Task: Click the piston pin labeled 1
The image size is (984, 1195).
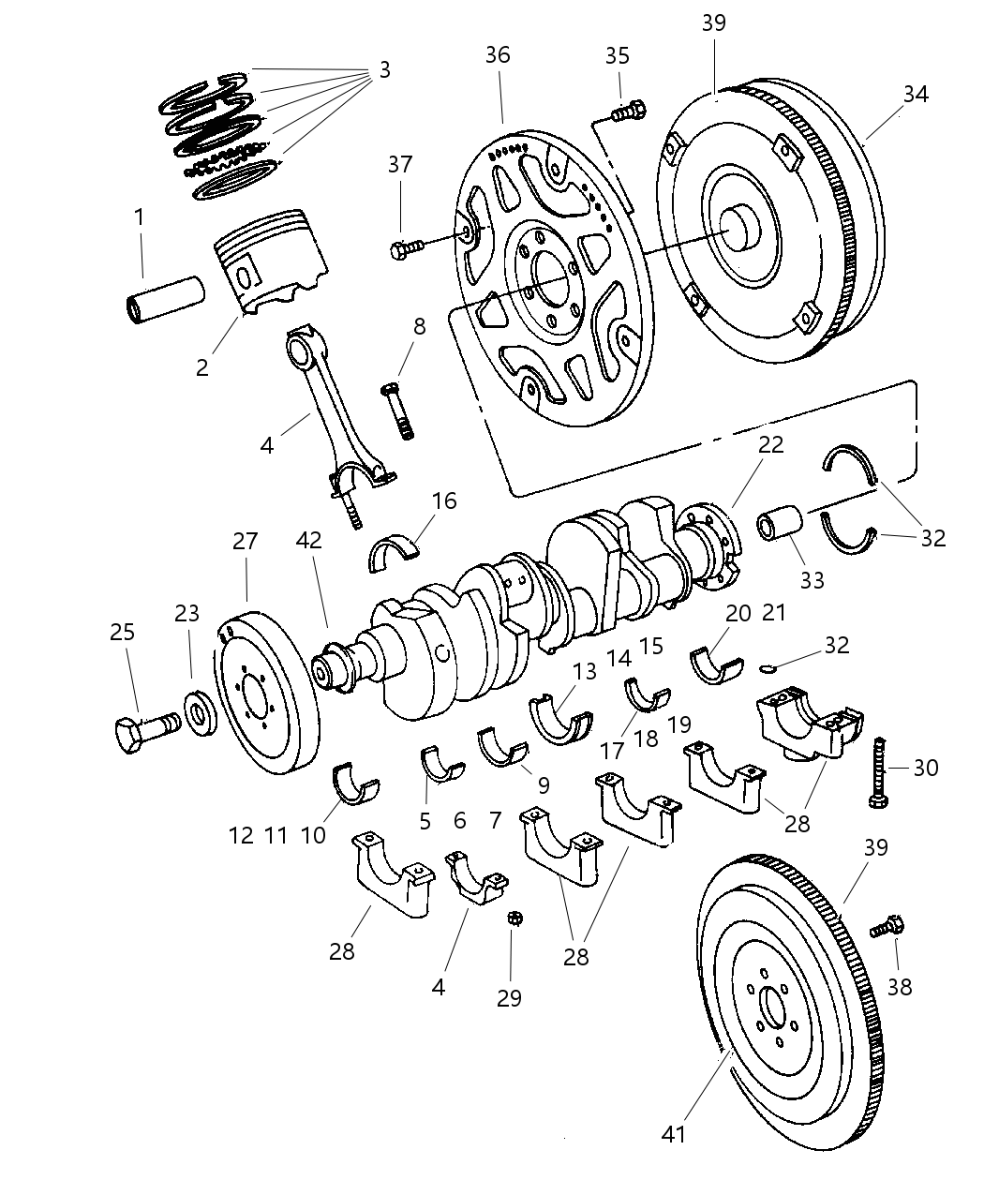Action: coord(165,297)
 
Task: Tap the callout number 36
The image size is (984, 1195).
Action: coord(498,55)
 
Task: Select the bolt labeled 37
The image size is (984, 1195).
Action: coord(406,247)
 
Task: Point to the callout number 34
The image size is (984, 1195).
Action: coord(916,94)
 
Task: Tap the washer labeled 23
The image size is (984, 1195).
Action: coord(199,715)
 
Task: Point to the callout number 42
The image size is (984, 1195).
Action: coord(308,540)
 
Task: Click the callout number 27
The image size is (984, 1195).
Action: coord(245,542)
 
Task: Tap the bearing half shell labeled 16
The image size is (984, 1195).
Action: coord(395,552)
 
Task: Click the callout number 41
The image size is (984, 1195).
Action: coord(673,1134)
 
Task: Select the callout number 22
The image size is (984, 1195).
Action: coord(770,443)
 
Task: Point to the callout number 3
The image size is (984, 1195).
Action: coord(384,70)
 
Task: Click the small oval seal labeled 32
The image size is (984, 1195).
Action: coord(766,668)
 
